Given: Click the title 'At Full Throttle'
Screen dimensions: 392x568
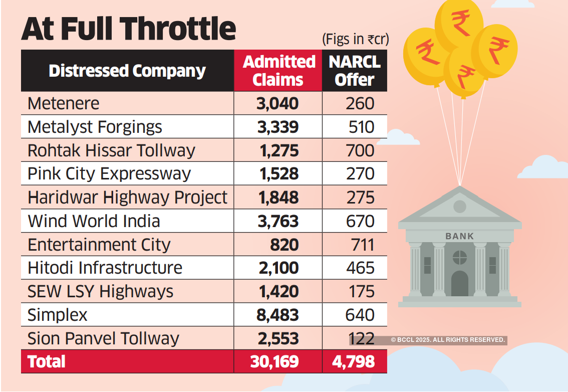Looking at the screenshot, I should pos(128,29).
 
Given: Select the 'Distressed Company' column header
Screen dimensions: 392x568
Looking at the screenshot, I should pos(127,71).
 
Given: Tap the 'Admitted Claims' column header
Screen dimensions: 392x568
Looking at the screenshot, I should pos(278,71).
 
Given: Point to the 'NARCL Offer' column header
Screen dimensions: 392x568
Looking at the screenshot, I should pos(355,71).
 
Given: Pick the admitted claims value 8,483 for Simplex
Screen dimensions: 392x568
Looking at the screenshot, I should pos(278,315).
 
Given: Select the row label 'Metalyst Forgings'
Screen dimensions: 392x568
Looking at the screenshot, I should pos(95,127).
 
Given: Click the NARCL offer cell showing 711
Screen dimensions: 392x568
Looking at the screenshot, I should pos(360,245).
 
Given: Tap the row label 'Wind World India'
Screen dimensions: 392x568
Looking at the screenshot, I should pos(94,221).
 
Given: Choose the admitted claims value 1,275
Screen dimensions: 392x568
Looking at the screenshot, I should pos(278,150).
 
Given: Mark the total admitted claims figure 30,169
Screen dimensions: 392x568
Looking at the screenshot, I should pos(275,361).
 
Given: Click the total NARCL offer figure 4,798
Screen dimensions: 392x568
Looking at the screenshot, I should pos(354,361).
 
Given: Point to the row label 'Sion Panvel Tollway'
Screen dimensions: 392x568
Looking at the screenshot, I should pos(103,338).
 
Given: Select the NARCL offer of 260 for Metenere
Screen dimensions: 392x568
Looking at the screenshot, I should pos(360,103).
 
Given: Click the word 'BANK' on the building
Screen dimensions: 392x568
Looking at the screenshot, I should pos(459,236).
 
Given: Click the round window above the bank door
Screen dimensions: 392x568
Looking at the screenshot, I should pos(459,258).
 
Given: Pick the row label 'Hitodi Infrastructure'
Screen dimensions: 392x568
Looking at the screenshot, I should pos(105,268).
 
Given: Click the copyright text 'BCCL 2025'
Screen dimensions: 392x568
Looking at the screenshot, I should pos(448,340).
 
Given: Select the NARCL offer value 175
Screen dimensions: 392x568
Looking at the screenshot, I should pos(360,291).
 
